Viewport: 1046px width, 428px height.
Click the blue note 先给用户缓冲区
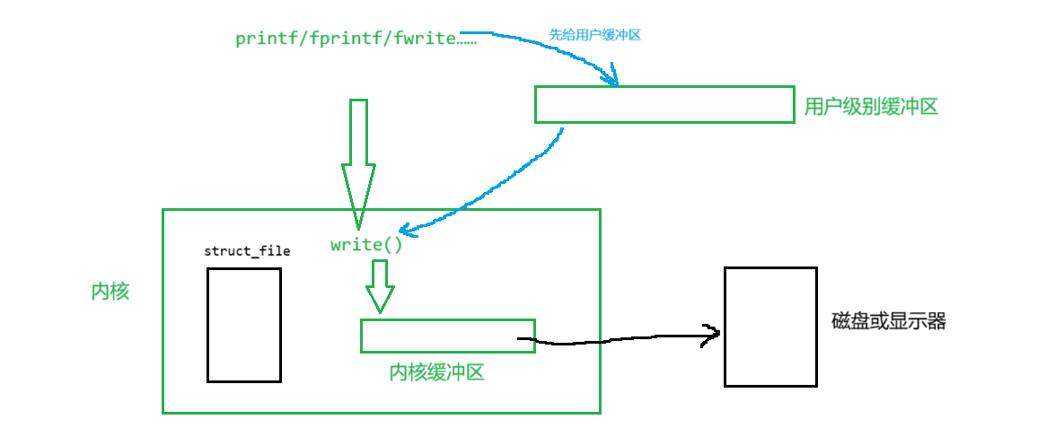(x=594, y=35)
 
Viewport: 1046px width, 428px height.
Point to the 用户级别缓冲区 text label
(x=871, y=107)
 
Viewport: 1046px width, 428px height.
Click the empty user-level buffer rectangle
(x=664, y=104)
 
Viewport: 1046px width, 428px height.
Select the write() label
(x=366, y=244)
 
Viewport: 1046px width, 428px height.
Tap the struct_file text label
(x=247, y=251)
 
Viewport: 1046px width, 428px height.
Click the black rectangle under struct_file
(x=243, y=325)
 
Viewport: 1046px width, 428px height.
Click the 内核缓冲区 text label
(x=436, y=372)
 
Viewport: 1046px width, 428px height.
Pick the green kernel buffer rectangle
(x=447, y=336)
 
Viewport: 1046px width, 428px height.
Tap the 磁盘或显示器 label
(x=889, y=322)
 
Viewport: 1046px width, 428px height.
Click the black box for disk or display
(x=770, y=327)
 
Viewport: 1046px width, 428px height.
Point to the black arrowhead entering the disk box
(x=714, y=336)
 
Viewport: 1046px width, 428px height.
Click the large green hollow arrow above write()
(x=358, y=162)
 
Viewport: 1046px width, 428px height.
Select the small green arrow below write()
(x=380, y=286)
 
